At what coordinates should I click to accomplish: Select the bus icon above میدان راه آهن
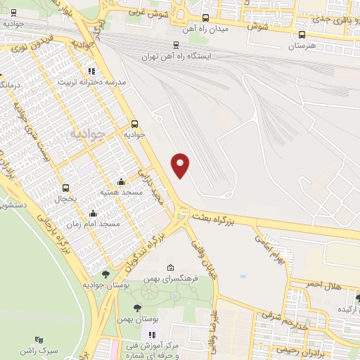(x=205, y=18)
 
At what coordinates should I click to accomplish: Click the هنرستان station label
(x=304, y=46)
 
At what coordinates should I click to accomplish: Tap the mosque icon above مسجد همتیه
(x=122, y=180)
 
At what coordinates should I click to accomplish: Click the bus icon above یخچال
(x=66, y=188)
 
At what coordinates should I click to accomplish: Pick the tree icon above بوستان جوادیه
(x=105, y=274)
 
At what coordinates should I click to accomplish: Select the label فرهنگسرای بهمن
(x=171, y=278)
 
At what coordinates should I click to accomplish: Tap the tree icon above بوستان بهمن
(x=138, y=308)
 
